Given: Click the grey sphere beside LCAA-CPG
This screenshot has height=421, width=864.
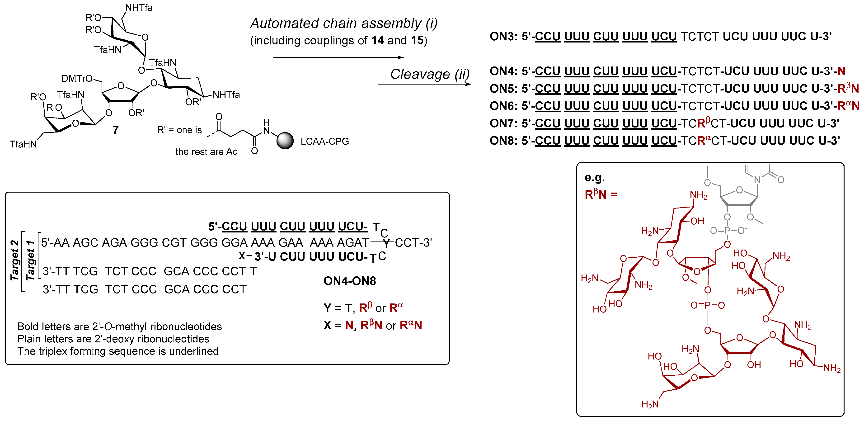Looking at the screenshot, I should [x=285, y=141].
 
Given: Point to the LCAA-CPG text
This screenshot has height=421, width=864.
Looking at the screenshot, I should [x=325, y=141].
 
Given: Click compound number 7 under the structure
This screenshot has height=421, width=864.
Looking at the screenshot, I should [x=115, y=130].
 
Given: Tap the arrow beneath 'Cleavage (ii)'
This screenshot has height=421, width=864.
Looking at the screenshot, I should [x=424, y=84].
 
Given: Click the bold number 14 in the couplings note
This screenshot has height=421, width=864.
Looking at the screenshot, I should [x=377, y=41].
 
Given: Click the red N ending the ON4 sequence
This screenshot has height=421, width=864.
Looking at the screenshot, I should [x=841, y=71].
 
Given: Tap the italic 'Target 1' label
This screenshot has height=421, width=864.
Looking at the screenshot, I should [x=30, y=260].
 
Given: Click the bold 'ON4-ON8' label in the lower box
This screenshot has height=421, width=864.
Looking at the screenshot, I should [x=349, y=281].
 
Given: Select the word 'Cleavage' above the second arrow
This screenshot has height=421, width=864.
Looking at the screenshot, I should [x=420, y=74].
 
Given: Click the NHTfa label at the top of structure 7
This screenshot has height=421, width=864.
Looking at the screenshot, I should [x=139, y=7].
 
